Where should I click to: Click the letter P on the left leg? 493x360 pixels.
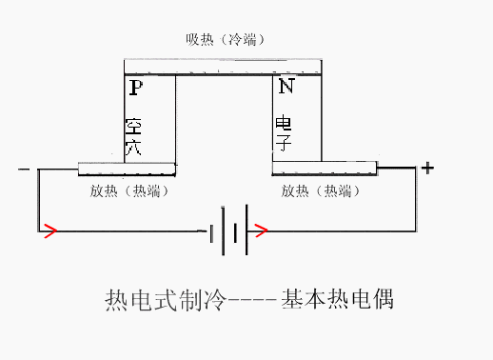135,88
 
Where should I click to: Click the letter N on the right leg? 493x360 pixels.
285,88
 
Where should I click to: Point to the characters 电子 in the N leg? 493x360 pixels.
284,135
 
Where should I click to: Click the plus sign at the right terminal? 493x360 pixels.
427,169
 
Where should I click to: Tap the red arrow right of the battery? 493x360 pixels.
262,230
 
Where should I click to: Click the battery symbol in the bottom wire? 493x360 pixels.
229,230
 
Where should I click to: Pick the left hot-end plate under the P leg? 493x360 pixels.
128,170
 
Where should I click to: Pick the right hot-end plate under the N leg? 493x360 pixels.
325,170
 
